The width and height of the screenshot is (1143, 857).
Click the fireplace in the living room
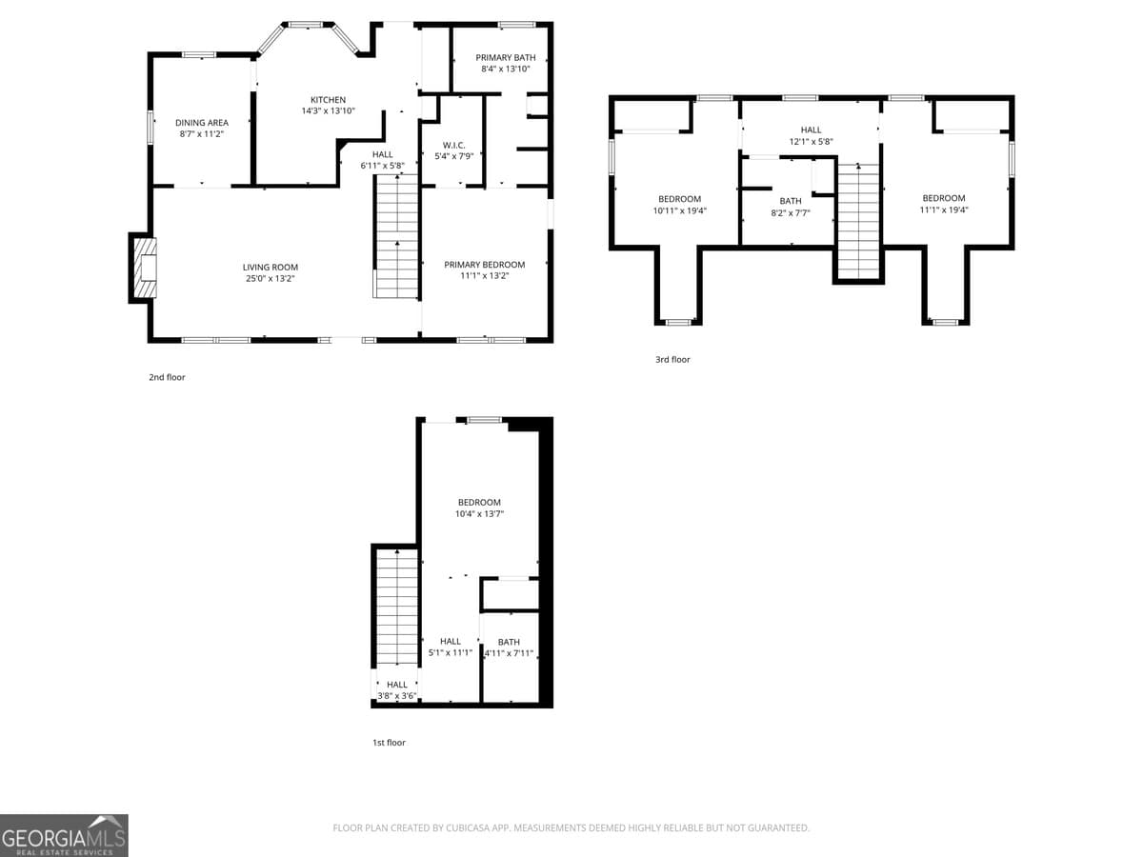click(145, 269)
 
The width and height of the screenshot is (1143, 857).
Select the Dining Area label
click(201, 123)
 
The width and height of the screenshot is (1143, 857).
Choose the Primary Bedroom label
click(484, 265)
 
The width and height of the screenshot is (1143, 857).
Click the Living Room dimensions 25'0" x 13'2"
click(271, 279)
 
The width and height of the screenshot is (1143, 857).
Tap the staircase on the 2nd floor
click(396, 238)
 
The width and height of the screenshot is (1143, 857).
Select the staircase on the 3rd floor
click(858, 221)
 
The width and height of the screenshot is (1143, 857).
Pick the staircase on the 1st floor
click(395, 609)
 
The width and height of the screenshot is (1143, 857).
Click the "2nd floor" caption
click(167, 378)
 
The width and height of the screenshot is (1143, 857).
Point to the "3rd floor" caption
click(672, 360)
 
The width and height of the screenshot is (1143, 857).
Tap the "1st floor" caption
click(389, 743)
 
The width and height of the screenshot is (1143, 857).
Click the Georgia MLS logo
click(64, 835)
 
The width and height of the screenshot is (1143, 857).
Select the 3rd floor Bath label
click(791, 201)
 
